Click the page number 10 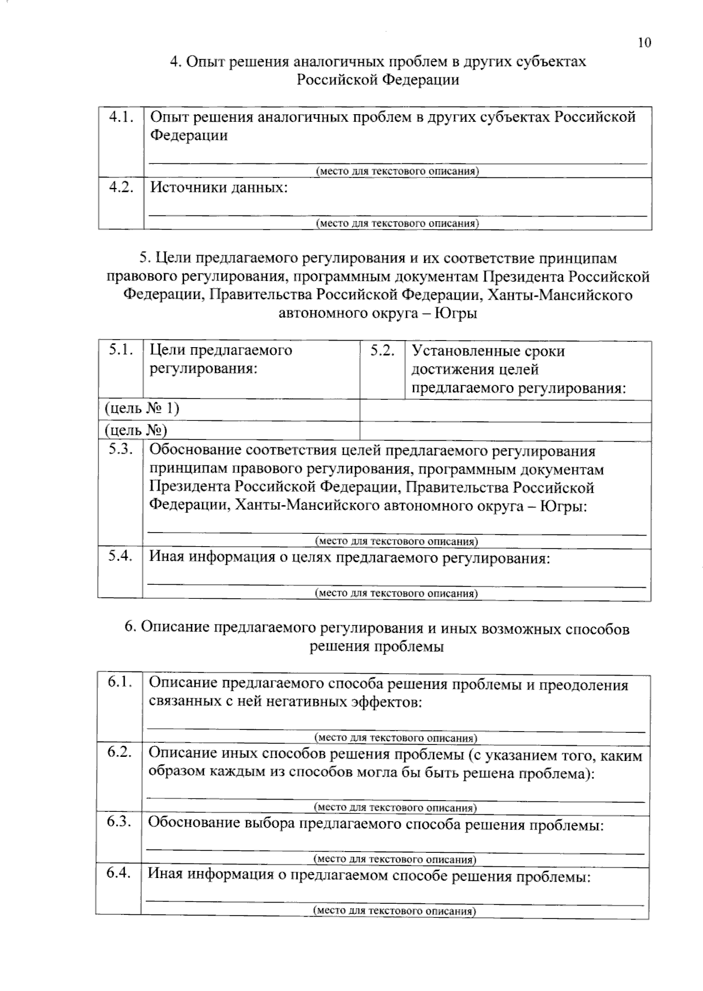click(644, 42)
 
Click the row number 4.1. click(121, 116)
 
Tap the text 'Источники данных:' click(219, 188)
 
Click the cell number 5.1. click(121, 350)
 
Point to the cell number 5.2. click(382, 351)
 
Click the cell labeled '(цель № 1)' click(142, 408)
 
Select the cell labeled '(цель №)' click(136, 431)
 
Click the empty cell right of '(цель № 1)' click(505, 411)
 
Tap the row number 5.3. click(120, 450)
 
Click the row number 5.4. click(120, 556)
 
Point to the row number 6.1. click(119, 683)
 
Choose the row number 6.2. click(119, 753)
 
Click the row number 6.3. click(118, 822)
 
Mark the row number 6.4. click(118, 874)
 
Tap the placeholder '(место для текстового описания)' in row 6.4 click(394, 911)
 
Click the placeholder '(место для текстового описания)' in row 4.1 click(397, 172)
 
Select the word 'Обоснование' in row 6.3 click(194, 824)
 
